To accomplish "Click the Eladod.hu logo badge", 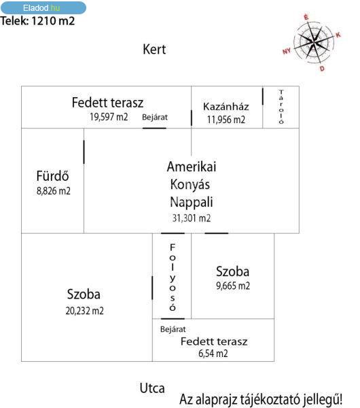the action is [43, 7].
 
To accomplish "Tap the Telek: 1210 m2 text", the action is [37, 21].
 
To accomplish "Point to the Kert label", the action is [154, 49].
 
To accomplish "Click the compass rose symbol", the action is [314, 42].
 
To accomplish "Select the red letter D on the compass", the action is [322, 69].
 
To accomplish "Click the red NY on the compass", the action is [287, 51].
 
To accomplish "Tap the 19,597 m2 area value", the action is [109, 117].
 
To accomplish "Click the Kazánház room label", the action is [226, 107].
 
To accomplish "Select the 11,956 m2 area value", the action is [226, 120].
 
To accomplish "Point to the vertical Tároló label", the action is [281, 107].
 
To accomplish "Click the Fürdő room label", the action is [52, 175].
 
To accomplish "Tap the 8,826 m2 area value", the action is [53, 191].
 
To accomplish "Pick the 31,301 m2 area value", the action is [192, 218].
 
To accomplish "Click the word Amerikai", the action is [192, 167].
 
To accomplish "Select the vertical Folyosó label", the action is [173, 277].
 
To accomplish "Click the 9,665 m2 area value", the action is [233, 286].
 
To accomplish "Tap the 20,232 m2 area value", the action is [84, 311].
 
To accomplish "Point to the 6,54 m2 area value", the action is [213, 354].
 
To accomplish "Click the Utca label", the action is [152, 388].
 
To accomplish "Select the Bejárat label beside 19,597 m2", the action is [155, 117].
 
